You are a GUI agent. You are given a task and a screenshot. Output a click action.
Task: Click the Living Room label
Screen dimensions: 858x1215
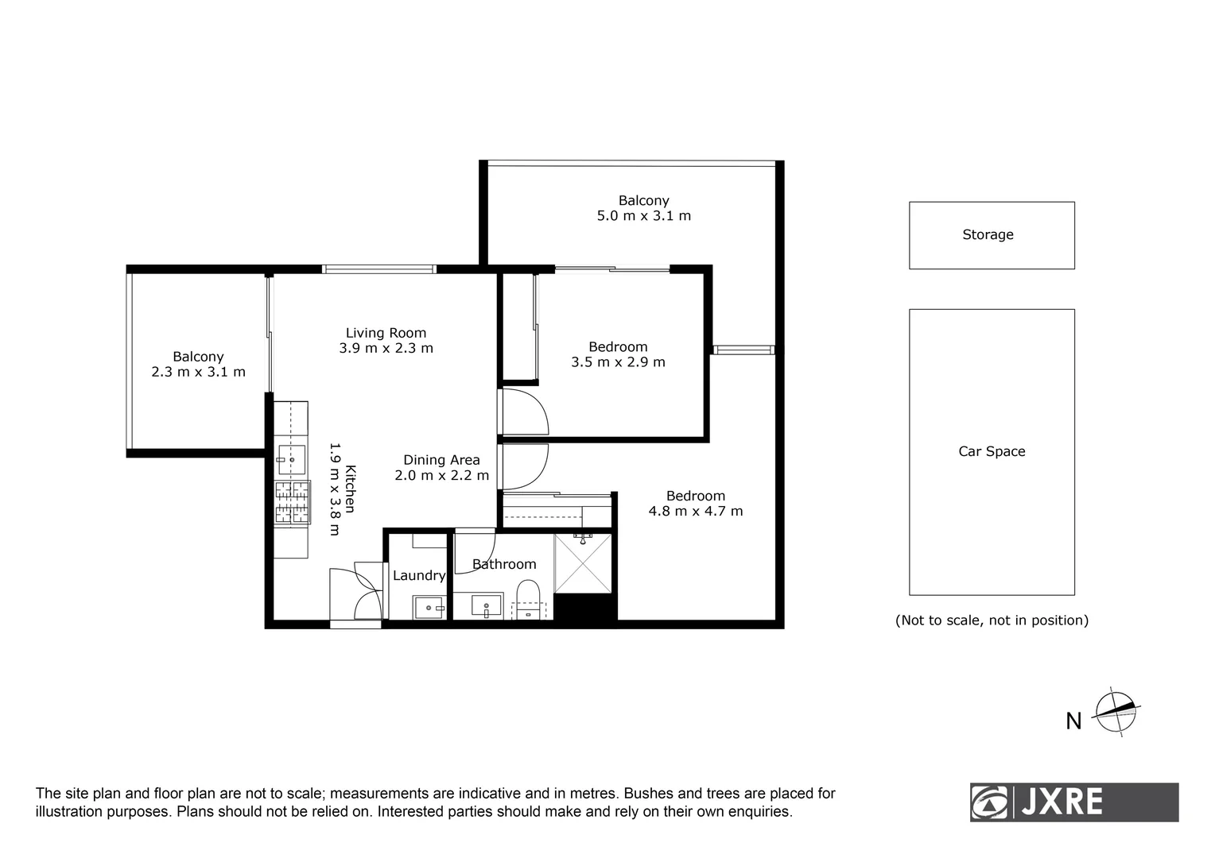[386, 333]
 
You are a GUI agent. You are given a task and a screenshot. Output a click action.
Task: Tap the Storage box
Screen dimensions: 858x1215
[992, 235]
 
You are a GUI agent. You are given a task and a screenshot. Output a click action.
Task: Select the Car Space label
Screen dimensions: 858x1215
[992, 451]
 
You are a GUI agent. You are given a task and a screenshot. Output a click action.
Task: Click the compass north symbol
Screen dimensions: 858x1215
[1116, 712]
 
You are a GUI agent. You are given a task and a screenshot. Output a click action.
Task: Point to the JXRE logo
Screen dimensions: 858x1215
[1073, 802]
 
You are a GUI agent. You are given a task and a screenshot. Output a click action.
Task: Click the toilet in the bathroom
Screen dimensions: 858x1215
[527, 597]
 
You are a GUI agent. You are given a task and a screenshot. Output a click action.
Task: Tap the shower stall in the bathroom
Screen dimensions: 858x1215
[583, 563]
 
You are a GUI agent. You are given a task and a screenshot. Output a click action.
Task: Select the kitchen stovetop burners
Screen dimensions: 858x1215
[292, 503]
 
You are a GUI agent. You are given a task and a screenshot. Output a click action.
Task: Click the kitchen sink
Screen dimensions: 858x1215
[291, 459]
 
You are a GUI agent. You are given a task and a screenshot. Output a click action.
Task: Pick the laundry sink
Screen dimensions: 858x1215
[429, 609]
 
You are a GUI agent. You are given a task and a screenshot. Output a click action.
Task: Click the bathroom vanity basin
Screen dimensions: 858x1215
[486, 606]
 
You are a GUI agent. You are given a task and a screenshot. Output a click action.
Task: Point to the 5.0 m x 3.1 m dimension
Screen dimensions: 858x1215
[643, 216]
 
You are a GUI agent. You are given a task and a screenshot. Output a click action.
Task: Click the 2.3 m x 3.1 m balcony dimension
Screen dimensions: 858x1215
[198, 372]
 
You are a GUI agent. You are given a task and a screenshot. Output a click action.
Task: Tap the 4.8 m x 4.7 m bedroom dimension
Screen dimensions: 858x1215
[696, 512]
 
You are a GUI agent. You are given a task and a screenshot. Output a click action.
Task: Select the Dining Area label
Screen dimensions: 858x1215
[441, 460]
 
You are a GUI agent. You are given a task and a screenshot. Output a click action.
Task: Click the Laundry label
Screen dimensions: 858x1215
[419, 576]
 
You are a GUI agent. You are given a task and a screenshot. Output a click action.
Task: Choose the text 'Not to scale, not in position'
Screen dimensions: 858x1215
[992, 620]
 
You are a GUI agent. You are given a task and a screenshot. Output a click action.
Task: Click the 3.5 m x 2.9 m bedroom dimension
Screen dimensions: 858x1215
[618, 362]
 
